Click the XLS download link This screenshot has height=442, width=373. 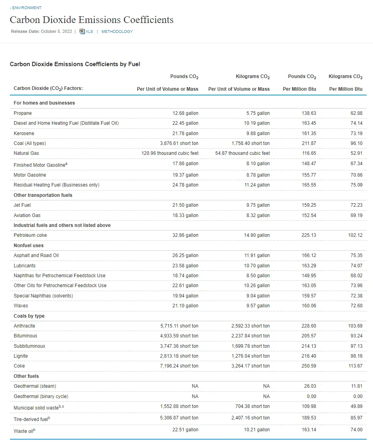(89, 32)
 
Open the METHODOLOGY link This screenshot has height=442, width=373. (117, 32)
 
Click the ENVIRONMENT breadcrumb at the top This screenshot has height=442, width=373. (26, 8)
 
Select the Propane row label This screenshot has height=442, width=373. (23, 113)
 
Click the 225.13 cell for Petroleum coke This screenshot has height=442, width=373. (308, 235)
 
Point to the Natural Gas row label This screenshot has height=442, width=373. (26, 153)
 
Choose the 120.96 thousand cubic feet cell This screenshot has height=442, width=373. (170, 153)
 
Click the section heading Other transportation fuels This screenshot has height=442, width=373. (43, 195)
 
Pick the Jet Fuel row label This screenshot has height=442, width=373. (22, 205)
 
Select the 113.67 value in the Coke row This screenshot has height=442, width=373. (355, 366)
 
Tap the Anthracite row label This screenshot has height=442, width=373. (24, 326)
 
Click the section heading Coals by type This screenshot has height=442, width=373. (29, 316)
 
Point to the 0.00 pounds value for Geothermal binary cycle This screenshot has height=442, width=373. (311, 396)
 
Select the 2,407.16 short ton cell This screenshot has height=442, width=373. (250, 418)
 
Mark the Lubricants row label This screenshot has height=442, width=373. (25, 266)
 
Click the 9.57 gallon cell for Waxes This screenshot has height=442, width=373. (258, 306)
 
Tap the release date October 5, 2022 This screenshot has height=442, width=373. (56, 32)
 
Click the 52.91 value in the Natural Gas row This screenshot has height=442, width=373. (356, 153)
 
